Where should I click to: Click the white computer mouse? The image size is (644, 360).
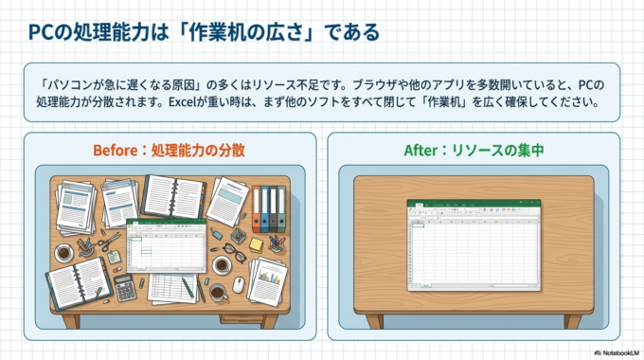(x=238, y=282)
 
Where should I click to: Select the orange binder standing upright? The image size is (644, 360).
(x=256, y=208)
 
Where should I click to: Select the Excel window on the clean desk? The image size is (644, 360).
(x=474, y=243)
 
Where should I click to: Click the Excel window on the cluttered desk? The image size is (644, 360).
(x=166, y=245)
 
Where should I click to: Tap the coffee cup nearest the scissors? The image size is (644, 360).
(x=63, y=253)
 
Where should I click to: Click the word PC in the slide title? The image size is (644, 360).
(x=39, y=32)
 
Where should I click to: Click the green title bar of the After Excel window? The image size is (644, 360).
(x=474, y=203)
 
